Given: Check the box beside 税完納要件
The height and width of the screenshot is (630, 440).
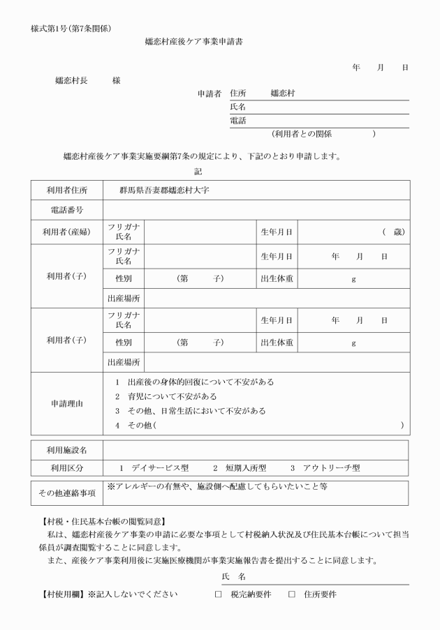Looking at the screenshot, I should point(218,594).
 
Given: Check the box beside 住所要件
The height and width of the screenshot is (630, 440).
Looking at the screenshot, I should point(292,594).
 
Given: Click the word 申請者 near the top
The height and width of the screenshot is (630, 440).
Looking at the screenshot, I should point(210,93).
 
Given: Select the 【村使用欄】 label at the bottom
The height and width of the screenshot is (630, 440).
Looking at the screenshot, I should point(57,594).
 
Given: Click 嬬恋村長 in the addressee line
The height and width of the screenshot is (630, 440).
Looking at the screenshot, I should point(70,80).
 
